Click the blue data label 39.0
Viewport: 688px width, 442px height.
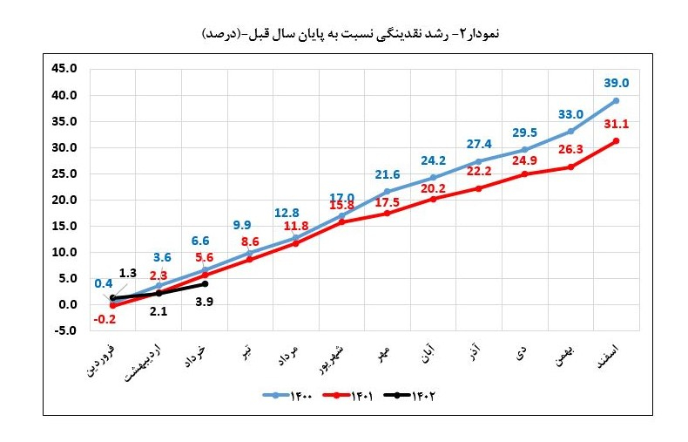616,84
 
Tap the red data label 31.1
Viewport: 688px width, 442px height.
616,125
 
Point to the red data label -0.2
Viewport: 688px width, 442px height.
105,320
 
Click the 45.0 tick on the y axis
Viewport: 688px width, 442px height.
65,68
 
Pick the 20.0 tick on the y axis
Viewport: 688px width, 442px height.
65,200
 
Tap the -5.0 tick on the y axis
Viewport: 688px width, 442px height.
65,331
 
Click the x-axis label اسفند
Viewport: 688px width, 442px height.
605,357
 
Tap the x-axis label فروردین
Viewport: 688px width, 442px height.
98,360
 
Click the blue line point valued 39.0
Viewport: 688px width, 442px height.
616,100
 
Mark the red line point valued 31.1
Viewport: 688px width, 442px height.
616,141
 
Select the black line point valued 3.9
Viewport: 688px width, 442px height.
205,284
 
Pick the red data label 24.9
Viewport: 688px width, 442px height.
523,160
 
